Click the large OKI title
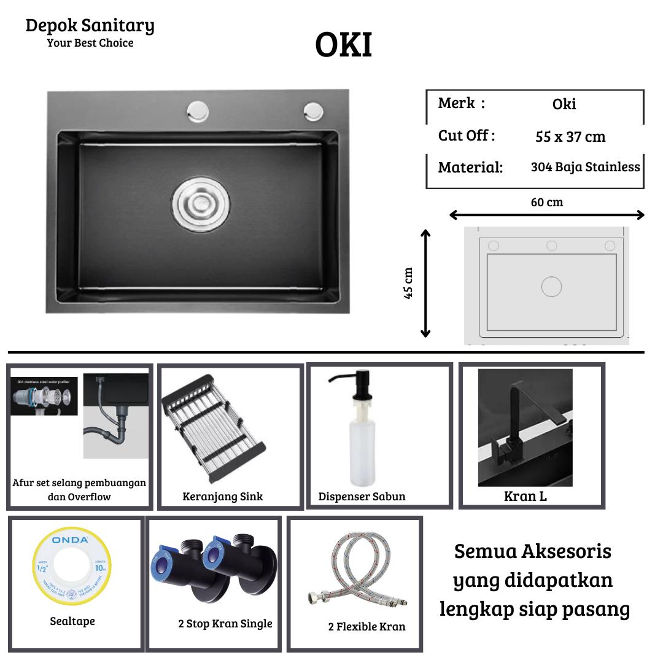click(344, 45)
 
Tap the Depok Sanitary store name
click(90, 26)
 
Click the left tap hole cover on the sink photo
click(198, 112)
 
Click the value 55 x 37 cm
click(570, 137)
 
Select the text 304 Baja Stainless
click(585, 167)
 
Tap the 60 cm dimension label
click(546, 202)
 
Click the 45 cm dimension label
click(408, 283)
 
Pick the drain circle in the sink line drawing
click(552, 287)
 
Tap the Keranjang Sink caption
click(222, 497)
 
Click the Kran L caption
click(525, 496)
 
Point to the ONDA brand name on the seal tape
click(70, 540)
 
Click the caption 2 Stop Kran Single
click(225, 624)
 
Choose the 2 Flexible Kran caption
click(366, 627)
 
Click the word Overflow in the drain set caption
click(89, 497)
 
